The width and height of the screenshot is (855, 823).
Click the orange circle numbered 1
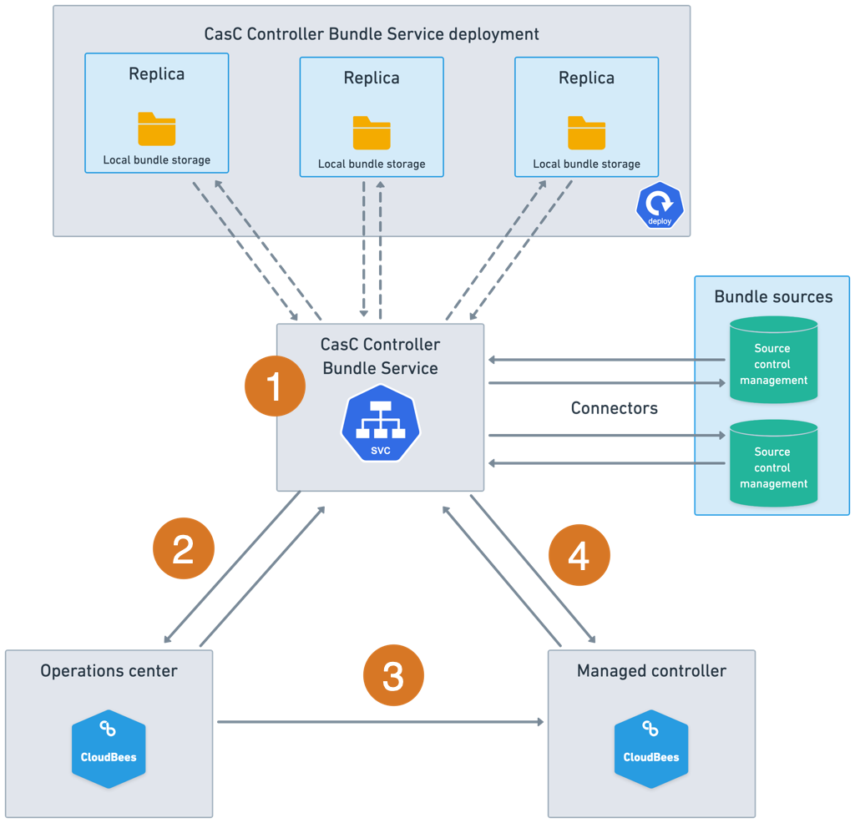click(x=275, y=385)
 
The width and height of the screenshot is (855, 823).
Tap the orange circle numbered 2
click(x=184, y=548)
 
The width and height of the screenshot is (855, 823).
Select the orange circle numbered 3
click(x=393, y=674)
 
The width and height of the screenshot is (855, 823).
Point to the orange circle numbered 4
click(x=579, y=554)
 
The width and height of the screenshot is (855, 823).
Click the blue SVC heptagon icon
click(x=381, y=423)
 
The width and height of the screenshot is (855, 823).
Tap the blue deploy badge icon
click(x=660, y=205)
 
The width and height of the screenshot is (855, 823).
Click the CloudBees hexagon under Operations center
click(x=109, y=749)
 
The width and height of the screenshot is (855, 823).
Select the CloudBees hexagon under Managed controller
click(x=651, y=749)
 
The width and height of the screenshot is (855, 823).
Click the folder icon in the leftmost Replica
click(x=157, y=129)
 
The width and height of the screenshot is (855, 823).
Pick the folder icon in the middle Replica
click(x=372, y=133)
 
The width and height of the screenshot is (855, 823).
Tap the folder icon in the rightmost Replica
click(x=587, y=133)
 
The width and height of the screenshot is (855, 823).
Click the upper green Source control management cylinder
click(x=773, y=360)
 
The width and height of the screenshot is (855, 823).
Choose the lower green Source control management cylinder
click(x=773, y=463)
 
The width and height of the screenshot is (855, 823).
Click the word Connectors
click(x=614, y=408)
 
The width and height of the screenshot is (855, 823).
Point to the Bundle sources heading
click(x=773, y=297)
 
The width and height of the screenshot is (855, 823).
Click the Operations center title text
click(x=109, y=671)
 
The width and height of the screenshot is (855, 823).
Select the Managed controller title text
click(x=651, y=671)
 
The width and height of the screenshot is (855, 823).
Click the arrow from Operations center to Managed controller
click(x=380, y=722)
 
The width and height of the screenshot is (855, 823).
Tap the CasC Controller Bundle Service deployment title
click(x=372, y=34)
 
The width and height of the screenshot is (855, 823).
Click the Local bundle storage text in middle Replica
click(x=372, y=164)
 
